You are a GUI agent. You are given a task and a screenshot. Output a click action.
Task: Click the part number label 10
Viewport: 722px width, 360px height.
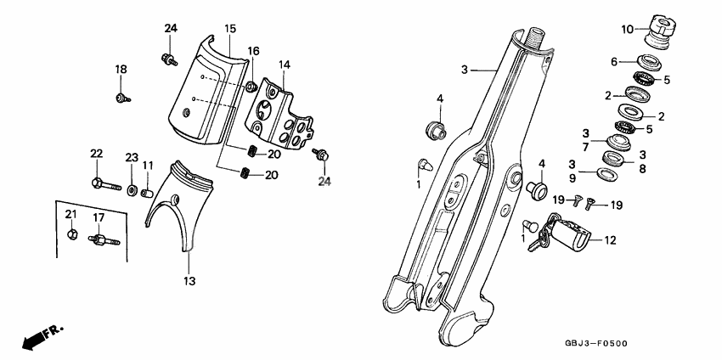click(627, 30)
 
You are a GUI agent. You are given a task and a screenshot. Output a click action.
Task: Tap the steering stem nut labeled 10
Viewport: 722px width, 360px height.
click(659, 31)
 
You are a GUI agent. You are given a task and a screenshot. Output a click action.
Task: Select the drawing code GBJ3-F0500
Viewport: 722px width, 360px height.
click(596, 344)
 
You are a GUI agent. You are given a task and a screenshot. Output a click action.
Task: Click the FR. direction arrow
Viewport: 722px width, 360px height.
click(42, 337)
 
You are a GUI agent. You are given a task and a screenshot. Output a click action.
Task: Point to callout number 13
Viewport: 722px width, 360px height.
click(189, 280)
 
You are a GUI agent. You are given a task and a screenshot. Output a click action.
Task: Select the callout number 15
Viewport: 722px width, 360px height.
click(230, 29)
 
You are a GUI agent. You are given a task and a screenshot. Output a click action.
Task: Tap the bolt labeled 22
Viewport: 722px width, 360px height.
click(106, 184)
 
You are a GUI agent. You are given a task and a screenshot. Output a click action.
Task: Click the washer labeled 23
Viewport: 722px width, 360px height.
click(133, 189)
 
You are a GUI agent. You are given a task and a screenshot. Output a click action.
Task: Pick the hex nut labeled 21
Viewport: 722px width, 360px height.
click(72, 234)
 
